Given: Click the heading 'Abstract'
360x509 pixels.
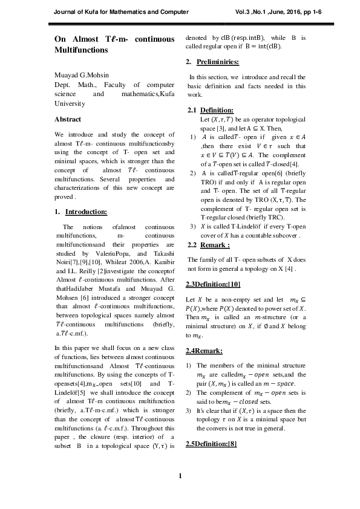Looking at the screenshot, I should click(68, 119).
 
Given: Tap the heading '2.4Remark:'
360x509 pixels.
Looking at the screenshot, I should click(205, 351).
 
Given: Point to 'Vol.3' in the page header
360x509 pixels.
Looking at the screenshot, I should click(243, 11).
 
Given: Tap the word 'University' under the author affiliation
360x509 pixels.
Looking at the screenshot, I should click(70, 104).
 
